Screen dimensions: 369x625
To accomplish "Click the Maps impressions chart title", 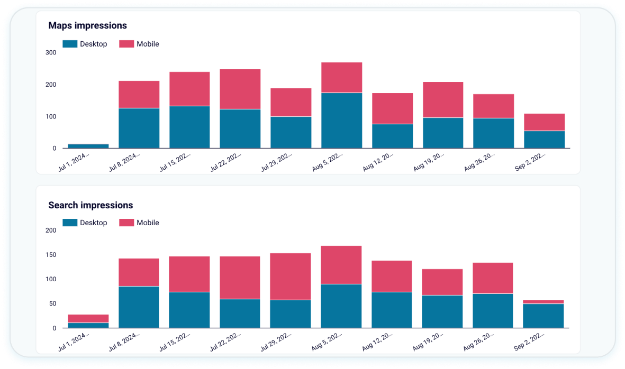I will click(x=87, y=25).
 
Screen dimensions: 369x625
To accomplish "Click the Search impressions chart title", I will click(x=90, y=205).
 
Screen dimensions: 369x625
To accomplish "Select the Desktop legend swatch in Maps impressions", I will click(x=70, y=44).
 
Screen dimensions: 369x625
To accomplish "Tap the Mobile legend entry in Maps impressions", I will click(x=139, y=44).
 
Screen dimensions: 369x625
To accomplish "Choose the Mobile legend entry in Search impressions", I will click(x=139, y=223).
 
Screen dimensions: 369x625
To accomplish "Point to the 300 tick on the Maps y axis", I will click(x=51, y=53).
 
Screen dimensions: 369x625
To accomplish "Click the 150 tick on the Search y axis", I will click(x=51, y=255).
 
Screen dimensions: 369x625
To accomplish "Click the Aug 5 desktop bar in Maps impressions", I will click(x=341, y=121).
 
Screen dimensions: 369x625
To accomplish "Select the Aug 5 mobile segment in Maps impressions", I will click(x=341, y=78).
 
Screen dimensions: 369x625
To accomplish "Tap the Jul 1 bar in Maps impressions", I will click(x=88, y=146).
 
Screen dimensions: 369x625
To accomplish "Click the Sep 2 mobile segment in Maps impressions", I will click(x=544, y=122).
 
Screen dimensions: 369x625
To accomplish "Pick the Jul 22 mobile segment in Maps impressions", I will click(x=240, y=89).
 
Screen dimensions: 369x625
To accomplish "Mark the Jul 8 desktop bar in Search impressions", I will click(x=139, y=307).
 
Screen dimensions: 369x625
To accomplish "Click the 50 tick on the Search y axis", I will click(x=52, y=303).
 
